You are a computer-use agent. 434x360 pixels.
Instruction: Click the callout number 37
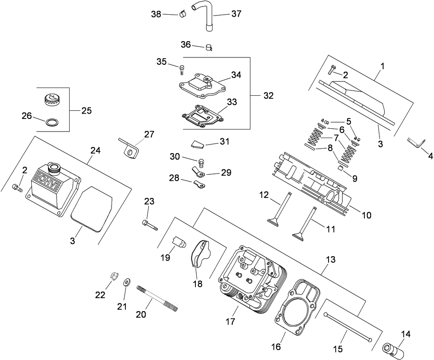(x=236, y=13)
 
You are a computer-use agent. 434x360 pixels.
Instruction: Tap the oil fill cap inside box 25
(x=51, y=99)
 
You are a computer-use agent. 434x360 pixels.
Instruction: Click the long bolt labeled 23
(x=150, y=225)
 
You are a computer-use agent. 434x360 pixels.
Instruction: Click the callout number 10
(x=366, y=215)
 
